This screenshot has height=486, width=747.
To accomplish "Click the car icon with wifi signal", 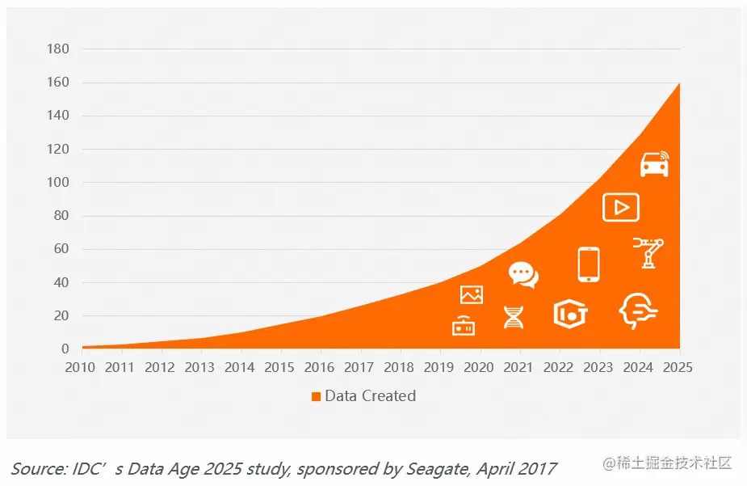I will tap(654, 163).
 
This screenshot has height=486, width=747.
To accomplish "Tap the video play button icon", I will tap(620, 208).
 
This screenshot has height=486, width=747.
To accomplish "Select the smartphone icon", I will tap(589, 264).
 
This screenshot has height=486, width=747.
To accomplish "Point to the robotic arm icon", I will tap(648, 252).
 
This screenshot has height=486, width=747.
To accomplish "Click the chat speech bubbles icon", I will tap(522, 275).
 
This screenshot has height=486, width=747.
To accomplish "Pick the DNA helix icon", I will tap(514, 317).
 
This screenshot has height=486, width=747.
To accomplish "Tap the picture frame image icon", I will tap(471, 295).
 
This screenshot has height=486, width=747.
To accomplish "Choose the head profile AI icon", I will tap(637, 311).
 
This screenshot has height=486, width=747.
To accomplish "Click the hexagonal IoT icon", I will tap(570, 314).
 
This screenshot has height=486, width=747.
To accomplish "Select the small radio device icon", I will tap(464, 325).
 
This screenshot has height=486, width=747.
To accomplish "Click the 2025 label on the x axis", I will tap(679, 368).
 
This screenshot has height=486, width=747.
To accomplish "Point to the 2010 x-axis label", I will tap(82, 368).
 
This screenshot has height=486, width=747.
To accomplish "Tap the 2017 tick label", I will tap(359, 368).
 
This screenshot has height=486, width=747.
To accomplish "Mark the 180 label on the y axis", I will tap(58, 49).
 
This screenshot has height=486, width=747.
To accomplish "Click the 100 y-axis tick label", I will tap(58, 183).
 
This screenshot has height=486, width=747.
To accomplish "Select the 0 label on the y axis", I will tap(65, 349).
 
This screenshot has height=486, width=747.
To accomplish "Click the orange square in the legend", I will tap(316, 396).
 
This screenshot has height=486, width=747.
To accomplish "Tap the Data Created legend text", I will tap(370, 396).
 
